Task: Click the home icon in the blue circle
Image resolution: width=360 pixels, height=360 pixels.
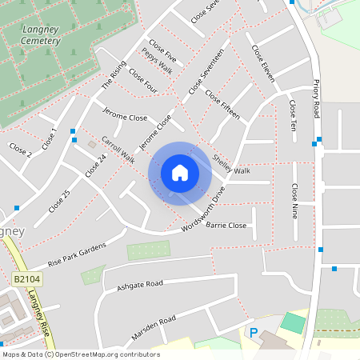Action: point(180,172)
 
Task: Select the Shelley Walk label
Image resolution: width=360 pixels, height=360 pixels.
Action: point(231,164)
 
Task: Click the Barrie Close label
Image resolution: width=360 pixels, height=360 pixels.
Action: point(226,226)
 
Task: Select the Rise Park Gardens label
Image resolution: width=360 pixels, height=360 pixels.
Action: point(77,254)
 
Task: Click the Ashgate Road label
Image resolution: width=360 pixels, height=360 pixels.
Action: point(139,285)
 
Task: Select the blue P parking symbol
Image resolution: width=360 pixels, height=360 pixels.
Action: point(254,333)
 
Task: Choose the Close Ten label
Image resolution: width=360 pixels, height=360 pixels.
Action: point(293,116)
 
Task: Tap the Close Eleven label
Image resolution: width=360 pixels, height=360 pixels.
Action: point(262,62)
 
